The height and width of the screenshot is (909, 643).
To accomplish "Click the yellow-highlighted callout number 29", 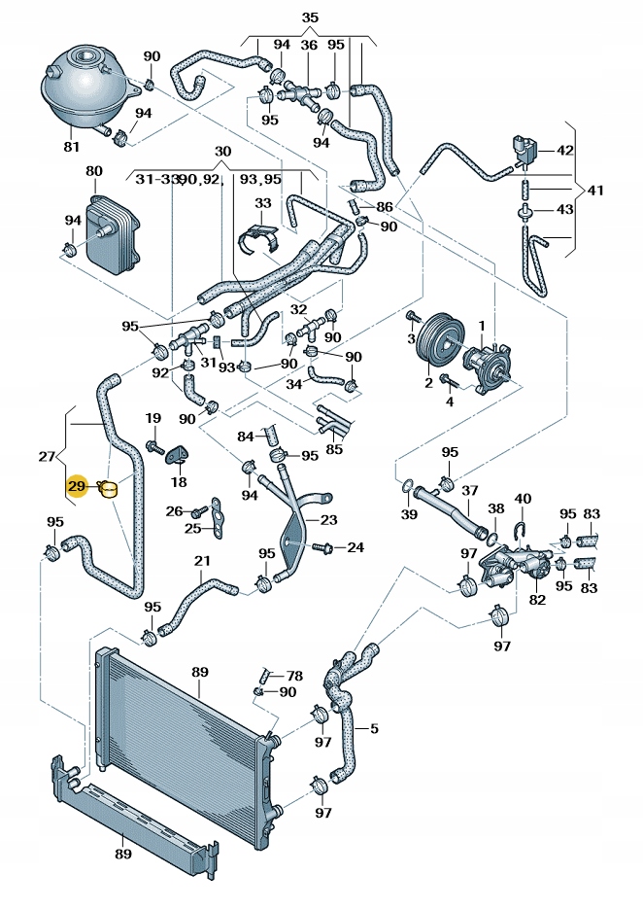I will pyautogui.click(x=77, y=486).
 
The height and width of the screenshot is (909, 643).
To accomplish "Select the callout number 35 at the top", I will pyautogui.click(x=310, y=18).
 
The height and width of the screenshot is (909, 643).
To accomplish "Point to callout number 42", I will pyautogui.click(x=565, y=151).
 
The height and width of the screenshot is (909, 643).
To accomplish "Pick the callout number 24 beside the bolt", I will pyautogui.click(x=355, y=547).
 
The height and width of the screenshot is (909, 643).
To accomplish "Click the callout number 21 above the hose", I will pyautogui.click(x=202, y=561).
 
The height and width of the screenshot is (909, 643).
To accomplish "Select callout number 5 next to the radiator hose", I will pyautogui.click(x=374, y=727).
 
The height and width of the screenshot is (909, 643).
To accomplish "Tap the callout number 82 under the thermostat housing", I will pyautogui.click(x=535, y=601).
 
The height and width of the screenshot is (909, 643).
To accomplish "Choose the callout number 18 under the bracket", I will pyautogui.click(x=179, y=482).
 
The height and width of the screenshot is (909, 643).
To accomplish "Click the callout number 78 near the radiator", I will pyautogui.click(x=294, y=676).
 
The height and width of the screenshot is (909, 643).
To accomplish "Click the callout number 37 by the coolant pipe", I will pyautogui.click(x=470, y=491).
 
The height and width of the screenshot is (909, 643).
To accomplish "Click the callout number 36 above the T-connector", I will pyautogui.click(x=309, y=45).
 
